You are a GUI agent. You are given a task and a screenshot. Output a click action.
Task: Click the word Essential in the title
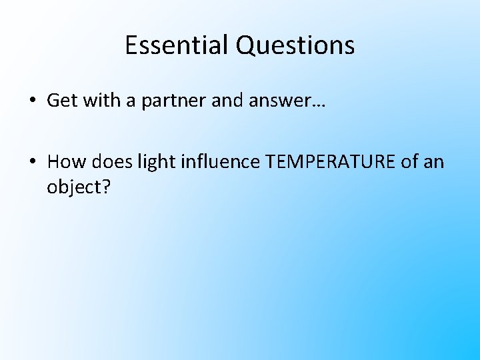pos(177,45)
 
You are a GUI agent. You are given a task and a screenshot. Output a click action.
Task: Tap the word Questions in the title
pos(295,45)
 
